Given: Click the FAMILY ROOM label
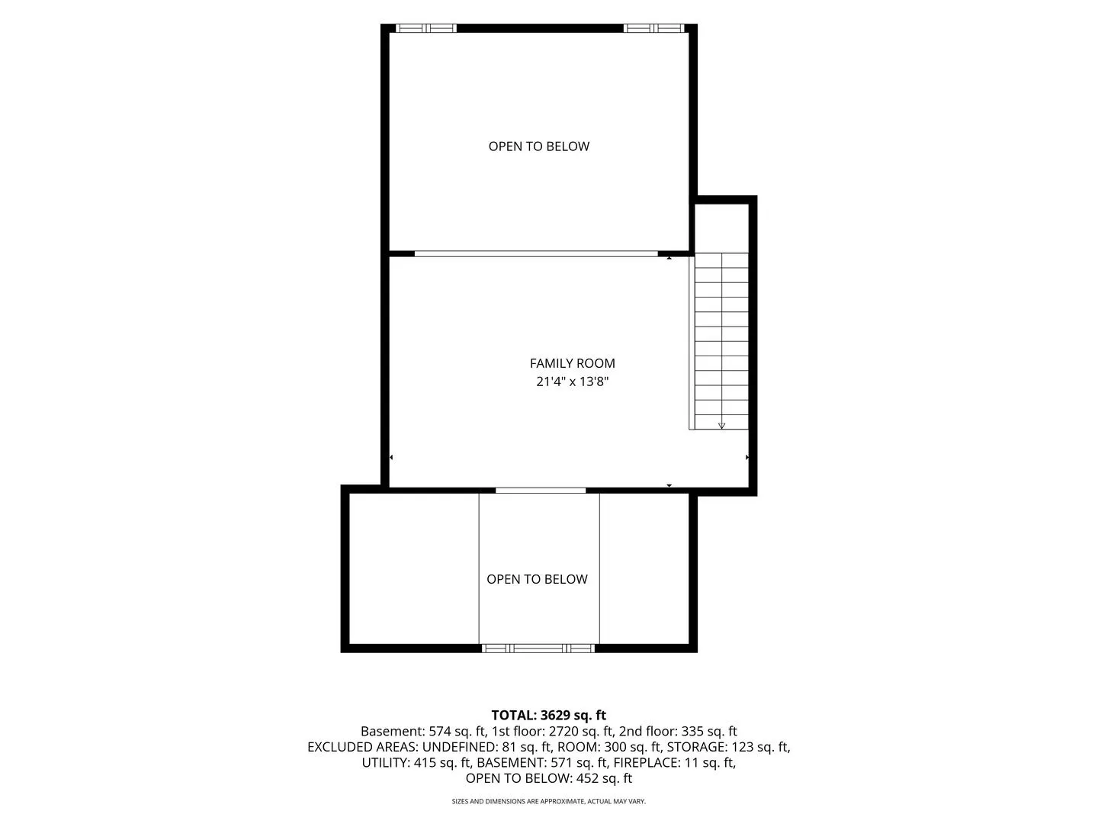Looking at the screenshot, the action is coord(573,363).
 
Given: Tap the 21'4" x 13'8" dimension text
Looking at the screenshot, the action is coord(573,381).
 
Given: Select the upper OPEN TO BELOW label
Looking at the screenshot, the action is coord(539,146).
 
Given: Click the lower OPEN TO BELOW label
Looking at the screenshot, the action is coord(537,579).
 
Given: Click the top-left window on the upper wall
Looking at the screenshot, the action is coord(426,28).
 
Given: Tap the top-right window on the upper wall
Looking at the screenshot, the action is coord(653,28).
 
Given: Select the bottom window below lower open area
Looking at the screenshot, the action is coord(538,649).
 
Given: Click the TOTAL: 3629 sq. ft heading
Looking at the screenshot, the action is coord(549,715).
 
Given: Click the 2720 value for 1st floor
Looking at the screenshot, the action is coord(561,732).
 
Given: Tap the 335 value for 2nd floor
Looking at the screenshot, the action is coord(690,732).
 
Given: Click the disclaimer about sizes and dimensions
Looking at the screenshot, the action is coord(549,801).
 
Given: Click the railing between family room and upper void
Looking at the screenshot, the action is coord(536,253).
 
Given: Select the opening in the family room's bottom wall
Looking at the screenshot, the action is coord(541,491).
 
